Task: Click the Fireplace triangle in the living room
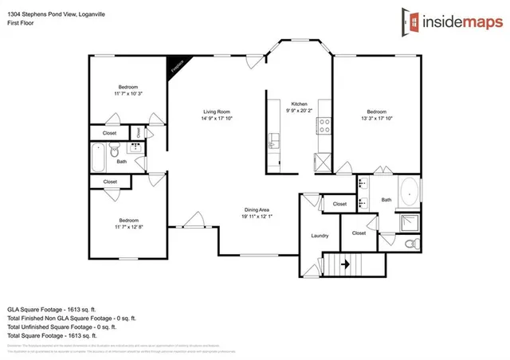tap(176, 66)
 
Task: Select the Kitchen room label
tap(299, 104)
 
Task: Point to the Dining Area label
tap(257, 209)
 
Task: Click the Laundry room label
tap(320, 235)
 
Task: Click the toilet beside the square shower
tap(410, 242)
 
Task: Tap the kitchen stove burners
tap(324, 125)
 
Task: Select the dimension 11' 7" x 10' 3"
tap(128, 94)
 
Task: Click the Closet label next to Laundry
tap(359, 233)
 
